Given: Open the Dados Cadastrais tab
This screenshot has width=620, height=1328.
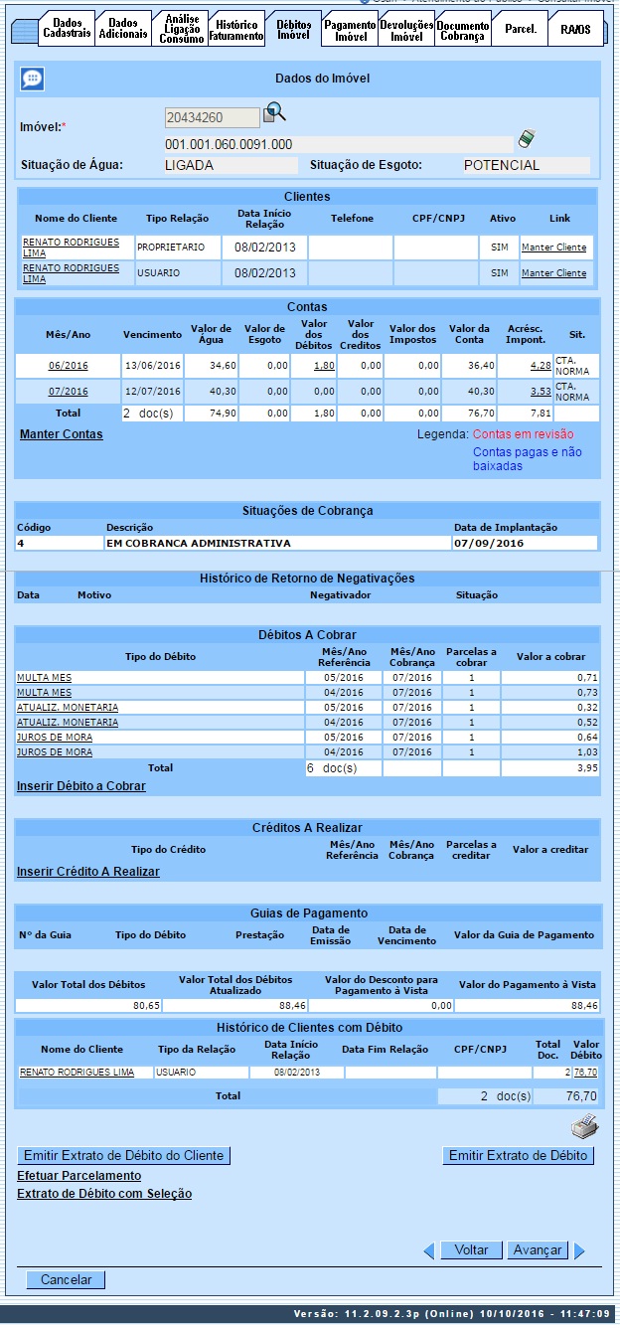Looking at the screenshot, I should [67, 29].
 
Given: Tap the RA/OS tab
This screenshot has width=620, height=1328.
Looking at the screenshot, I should [574, 29].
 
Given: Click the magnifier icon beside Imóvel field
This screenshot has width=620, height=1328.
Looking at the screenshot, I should [273, 116].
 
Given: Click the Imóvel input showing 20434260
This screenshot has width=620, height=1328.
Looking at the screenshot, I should [211, 118].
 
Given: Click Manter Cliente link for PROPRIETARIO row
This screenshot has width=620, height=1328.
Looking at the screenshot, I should [553, 247].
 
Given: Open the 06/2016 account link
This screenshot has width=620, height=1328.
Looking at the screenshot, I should [68, 366].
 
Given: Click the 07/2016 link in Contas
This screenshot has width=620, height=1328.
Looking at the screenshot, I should [68, 392].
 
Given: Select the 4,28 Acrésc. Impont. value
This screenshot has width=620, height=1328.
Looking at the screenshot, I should [541, 366].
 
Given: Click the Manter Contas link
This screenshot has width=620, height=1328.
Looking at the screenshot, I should [61, 434].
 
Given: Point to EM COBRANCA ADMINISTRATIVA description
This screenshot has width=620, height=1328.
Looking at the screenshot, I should [199, 544].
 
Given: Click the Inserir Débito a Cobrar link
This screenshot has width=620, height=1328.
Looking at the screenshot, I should [80, 786].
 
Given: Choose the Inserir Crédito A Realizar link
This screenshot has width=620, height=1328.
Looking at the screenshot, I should [87, 872].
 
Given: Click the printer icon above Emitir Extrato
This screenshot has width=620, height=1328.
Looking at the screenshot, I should [584, 1127].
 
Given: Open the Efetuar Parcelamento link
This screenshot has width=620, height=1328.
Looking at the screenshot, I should [78, 1176].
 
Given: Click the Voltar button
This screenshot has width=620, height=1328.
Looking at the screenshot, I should [471, 1250].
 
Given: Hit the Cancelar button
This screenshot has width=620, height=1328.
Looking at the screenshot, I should [66, 1280].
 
